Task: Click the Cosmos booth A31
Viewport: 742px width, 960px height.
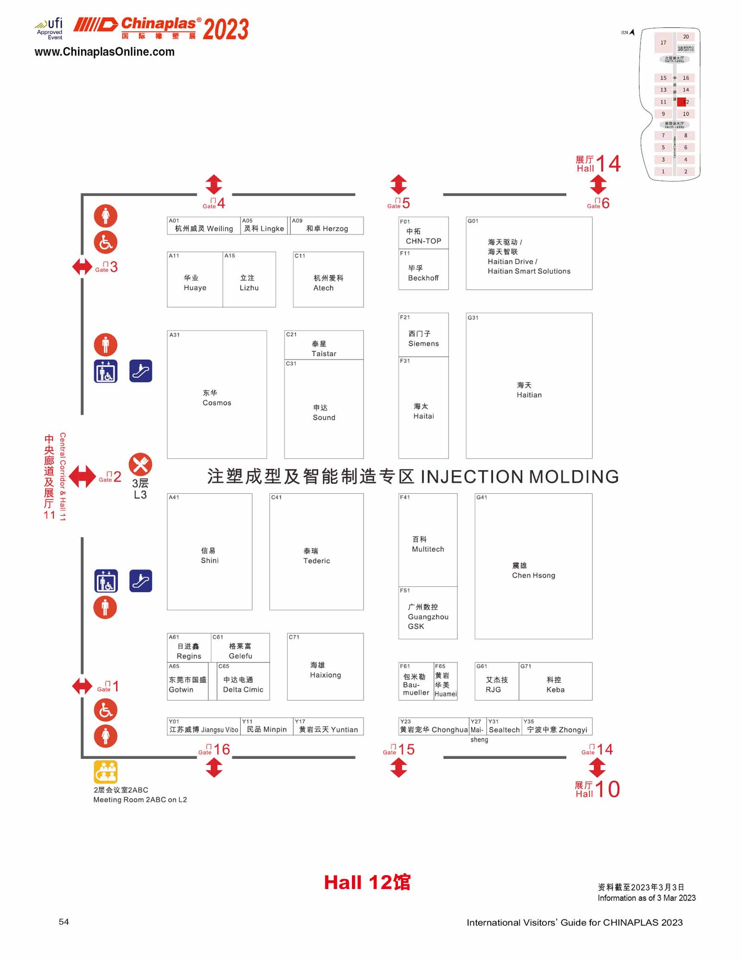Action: [217, 394]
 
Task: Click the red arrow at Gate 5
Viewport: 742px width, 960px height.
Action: [398, 184]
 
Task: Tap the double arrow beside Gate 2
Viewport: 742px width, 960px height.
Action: [82, 477]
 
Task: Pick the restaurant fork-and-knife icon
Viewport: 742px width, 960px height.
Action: [140, 464]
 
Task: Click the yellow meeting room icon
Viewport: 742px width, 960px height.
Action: [106, 772]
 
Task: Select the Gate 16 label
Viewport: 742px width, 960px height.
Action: [215, 750]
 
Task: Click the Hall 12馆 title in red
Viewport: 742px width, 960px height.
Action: [367, 883]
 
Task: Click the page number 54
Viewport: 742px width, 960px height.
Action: [64, 922]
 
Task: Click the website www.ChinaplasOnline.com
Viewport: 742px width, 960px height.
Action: [104, 52]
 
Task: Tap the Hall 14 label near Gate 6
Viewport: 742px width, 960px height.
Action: [598, 164]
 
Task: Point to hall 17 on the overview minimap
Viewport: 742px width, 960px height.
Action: [663, 43]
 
